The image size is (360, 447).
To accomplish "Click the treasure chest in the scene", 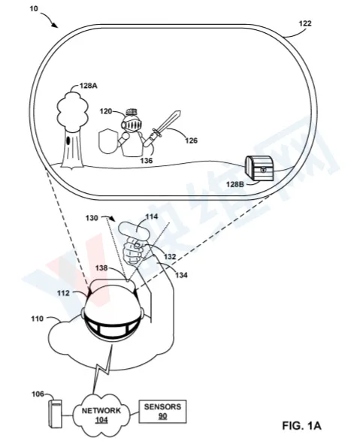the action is pyautogui.click(x=259, y=168).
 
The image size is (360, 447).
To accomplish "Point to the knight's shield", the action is pyautogui.click(x=107, y=141).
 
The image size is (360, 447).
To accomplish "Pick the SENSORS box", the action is pyautogui.click(x=162, y=411).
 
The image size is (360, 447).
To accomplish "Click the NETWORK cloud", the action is pyautogui.click(x=101, y=415).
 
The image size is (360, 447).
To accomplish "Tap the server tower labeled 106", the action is pyautogui.click(x=55, y=413).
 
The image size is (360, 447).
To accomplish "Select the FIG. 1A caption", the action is pyautogui.click(x=302, y=426).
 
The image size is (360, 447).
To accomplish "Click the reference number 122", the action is pyautogui.click(x=305, y=23).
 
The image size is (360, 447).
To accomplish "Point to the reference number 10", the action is pyautogui.click(x=34, y=8).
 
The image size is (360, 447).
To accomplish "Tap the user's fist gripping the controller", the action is pyautogui.click(x=134, y=250).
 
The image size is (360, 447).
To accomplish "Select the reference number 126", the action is pyautogui.click(x=191, y=140).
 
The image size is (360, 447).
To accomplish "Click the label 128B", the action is pyautogui.click(x=235, y=184).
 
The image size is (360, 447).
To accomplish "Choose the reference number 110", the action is pyautogui.click(x=38, y=319).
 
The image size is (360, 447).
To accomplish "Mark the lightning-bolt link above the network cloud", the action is pyautogui.click(x=102, y=369).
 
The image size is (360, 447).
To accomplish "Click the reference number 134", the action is pyautogui.click(x=181, y=275).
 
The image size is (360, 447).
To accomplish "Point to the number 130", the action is pyautogui.click(x=92, y=218).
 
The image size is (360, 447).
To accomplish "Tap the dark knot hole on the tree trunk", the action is pyautogui.click(x=68, y=140).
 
